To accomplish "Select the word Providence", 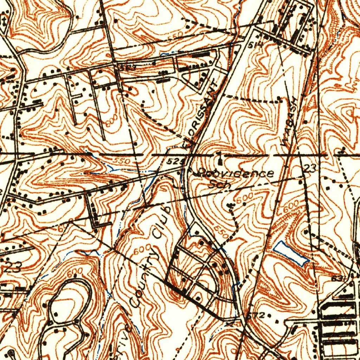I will pos(236,173).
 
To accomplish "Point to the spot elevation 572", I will pos(264,314).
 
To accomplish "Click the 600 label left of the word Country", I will pos(140,250).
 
